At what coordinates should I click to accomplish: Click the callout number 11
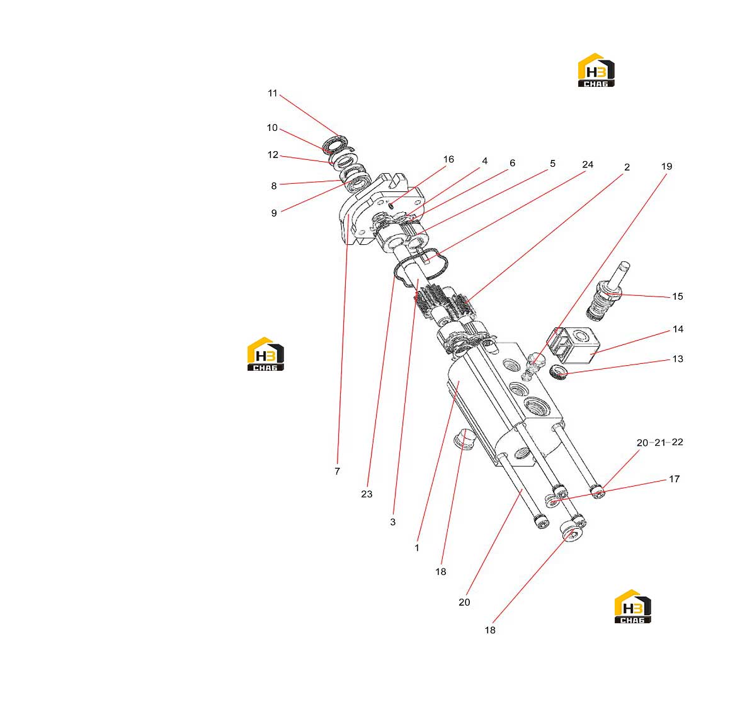pyautogui.click(x=273, y=93)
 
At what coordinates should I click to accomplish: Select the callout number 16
pyautogui.click(x=448, y=159)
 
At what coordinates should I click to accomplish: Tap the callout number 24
pyautogui.click(x=588, y=165)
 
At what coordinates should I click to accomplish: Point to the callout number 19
pyautogui.click(x=666, y=167)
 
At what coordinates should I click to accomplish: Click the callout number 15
pyautogui.click(x=678, y=297)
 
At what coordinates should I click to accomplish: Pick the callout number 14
pyautogui.click(x=678, y=329)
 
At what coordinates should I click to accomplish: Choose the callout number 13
pyautogui.click(x=678, y=359)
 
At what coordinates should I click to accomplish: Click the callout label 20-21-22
pyautogui.click(x=660, y=443)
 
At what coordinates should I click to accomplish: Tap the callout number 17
pyautogui.click(x=674, y=480)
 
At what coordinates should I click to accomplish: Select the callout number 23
pyautogui.click(x=367, y=494)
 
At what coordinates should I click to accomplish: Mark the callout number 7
pyautogui.click(x=338, y=472)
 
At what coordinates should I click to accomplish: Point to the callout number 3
pyautogui.click(x=392, y=523)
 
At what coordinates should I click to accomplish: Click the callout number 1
pyautogui.click(x=417, y=548)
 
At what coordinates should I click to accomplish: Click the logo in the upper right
pyautogui.click(x=596, y=70)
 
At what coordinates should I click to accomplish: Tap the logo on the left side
pyautogui.click(x=265, y=354)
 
